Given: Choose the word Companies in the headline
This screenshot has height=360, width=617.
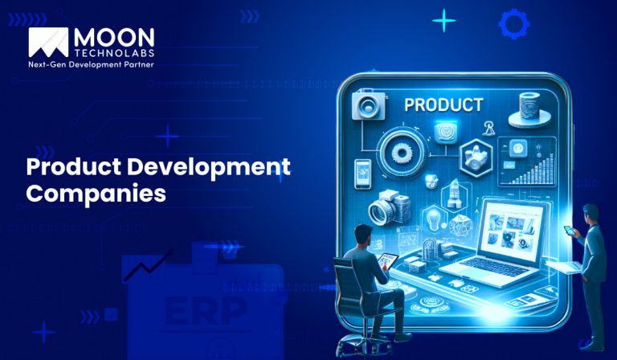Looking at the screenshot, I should pos(96,194).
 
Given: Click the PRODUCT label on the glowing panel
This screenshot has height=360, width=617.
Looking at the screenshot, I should pos(443,105).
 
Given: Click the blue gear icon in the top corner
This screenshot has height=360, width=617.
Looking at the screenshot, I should pos(513,23).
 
